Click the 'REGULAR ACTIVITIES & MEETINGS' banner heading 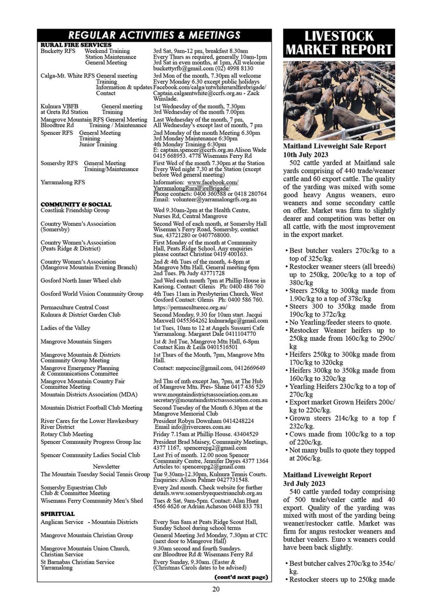(154, 35)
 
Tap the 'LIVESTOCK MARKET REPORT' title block (339, 43)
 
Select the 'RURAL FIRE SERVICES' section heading (76, 45)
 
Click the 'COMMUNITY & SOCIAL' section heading (76, 204)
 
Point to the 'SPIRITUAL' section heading (58, 514)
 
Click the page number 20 (216, 589)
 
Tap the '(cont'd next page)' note (241, 577)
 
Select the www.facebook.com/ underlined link (213, 182)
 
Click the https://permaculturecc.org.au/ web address (190, 307)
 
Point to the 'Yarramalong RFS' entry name (63, 182)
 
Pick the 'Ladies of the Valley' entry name (65, 328)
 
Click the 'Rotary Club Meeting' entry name (67, 434)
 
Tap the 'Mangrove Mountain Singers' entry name (76, 341)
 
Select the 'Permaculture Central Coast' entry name (74, 307)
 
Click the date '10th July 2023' (305, 155)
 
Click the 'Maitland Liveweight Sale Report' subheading (334, 146)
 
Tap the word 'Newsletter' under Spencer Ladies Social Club (106, 467)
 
